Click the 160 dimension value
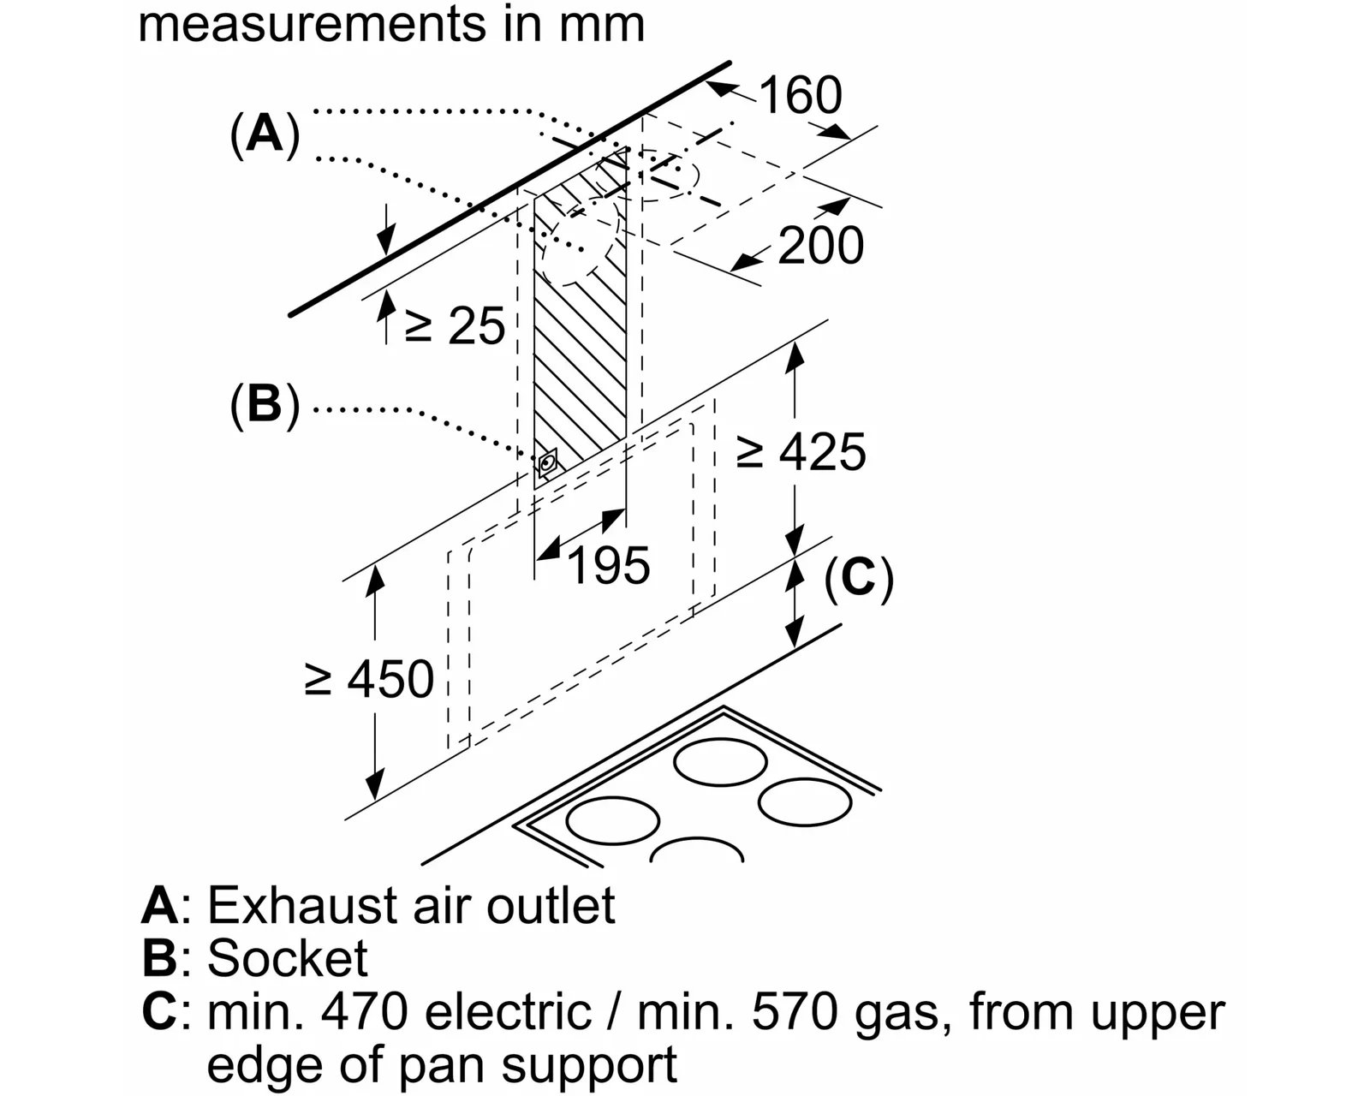click(x=801, y=95)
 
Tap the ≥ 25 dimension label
click(x=455, y=325)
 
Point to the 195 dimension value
click(x=608, y=565)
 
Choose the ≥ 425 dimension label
click(x=801, y=451)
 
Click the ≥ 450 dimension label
click(x=369, y=679)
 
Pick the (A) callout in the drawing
click(x=265, y=134)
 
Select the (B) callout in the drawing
click(x=265, y=404)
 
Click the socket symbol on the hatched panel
click(x=547, y=463)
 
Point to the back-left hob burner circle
click(x=612, y=820)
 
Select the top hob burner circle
click(x=720, y=762)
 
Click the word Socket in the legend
click(x=287, y=958)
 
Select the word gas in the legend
click(x=896, y=1017)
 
